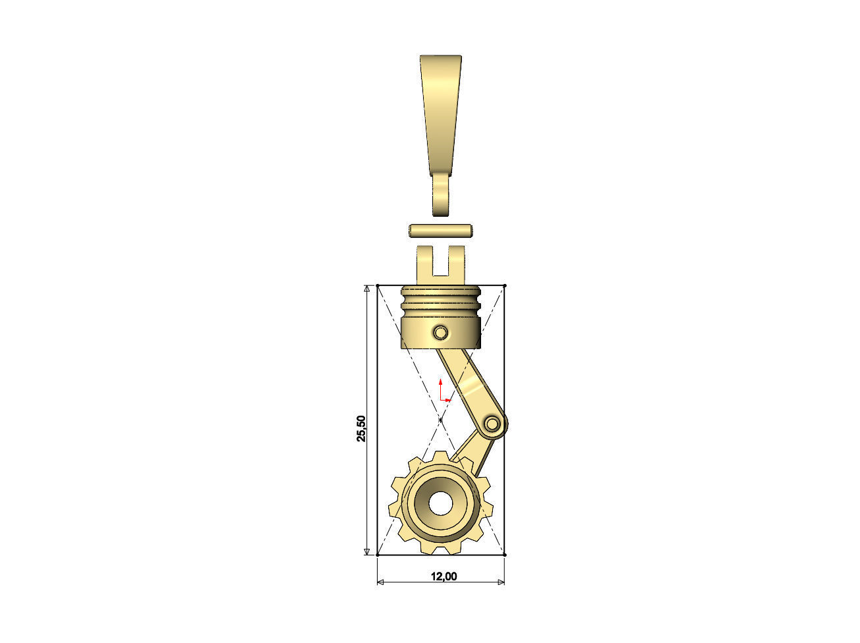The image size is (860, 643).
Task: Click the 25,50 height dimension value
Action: (361, 429)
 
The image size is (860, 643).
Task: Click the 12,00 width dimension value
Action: (444, 576)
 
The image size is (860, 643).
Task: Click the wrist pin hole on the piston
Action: (440, 332)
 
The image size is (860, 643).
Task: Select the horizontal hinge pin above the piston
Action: (441, 231)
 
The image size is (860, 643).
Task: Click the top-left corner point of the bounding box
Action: (378, 285)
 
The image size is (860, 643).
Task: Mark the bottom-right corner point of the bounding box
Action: (504, 555)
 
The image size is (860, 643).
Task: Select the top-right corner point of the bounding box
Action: (504, 285)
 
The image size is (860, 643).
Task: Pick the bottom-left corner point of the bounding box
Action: (378, 555)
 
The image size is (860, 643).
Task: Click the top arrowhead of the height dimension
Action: (366, 290)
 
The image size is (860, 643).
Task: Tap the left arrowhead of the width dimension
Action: (382, 582)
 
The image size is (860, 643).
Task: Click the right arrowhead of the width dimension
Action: (500, 582)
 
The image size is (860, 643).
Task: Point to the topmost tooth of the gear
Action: (440, 458)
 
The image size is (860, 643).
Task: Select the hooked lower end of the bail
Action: (440, 198)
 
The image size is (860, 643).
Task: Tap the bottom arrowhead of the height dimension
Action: (366, 550)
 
